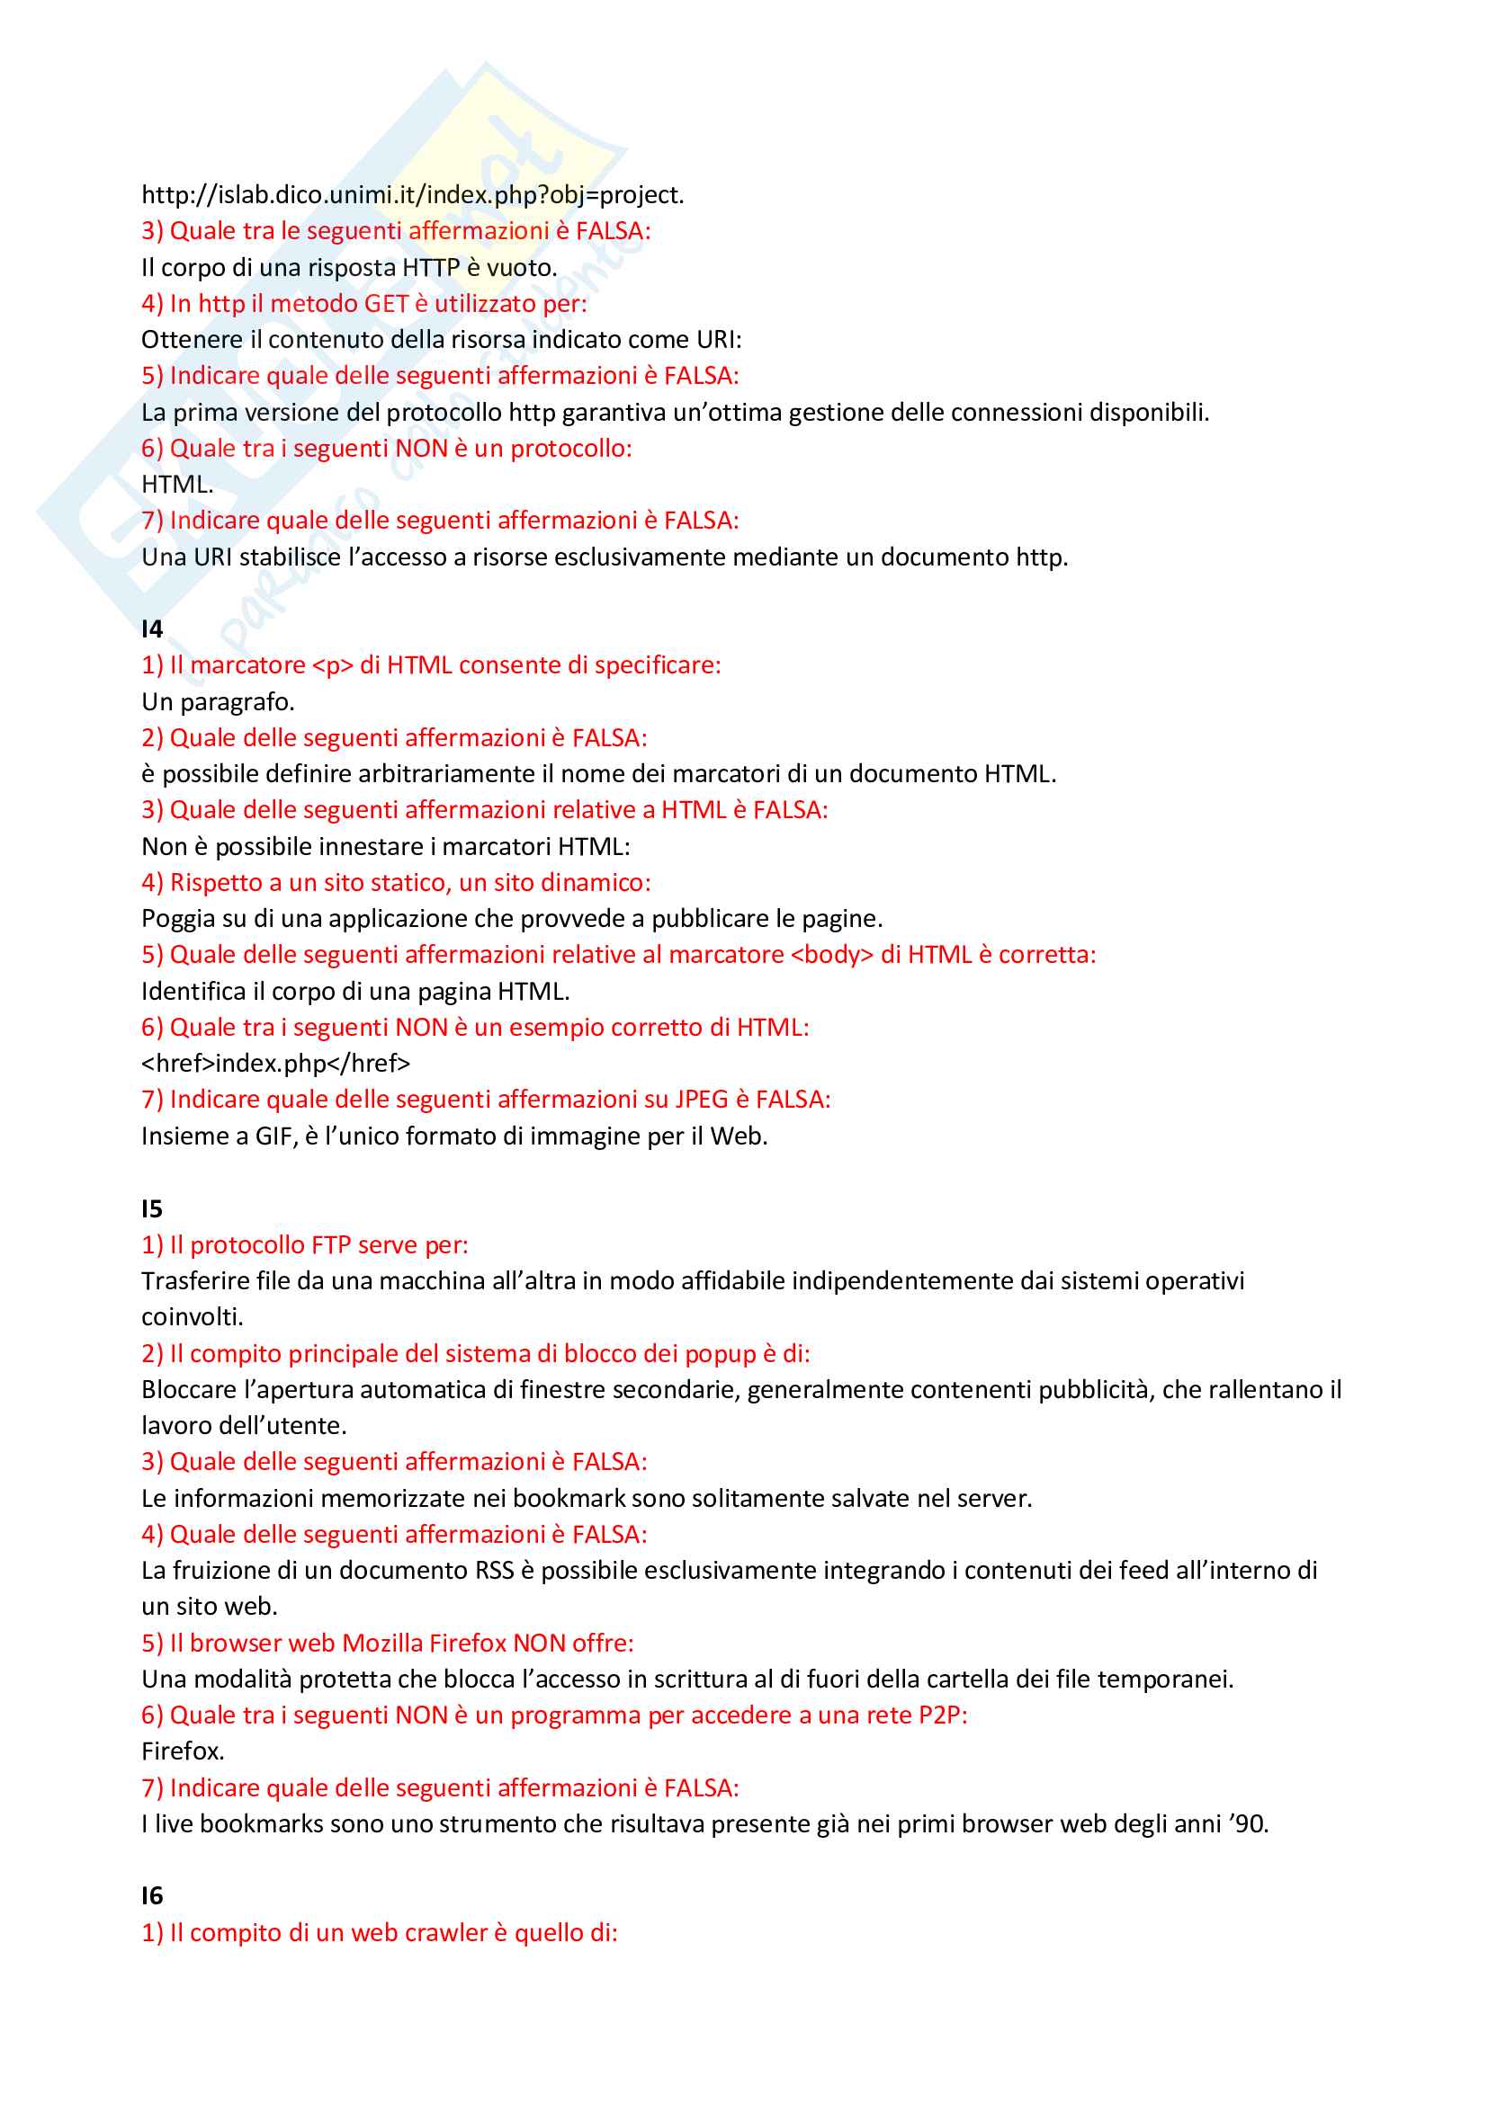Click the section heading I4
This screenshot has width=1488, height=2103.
coord(152,628)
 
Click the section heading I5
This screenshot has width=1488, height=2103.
coord(152,1209)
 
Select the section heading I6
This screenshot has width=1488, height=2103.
coord(152,1896)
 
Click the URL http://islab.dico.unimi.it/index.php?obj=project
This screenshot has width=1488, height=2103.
coord(412,195)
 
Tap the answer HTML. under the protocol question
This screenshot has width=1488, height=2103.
coord(177,485)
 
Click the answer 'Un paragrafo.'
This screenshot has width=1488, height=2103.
coord(218,702)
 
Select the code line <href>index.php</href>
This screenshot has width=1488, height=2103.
coord(276,1064)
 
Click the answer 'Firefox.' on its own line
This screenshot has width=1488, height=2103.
coord(183,1751)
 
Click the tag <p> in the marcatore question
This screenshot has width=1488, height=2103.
coord(333,665)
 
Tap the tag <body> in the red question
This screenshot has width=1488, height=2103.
coord(831,955)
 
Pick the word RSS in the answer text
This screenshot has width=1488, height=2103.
coord(495,1571)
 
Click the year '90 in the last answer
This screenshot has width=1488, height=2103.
coord(1249,1824)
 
